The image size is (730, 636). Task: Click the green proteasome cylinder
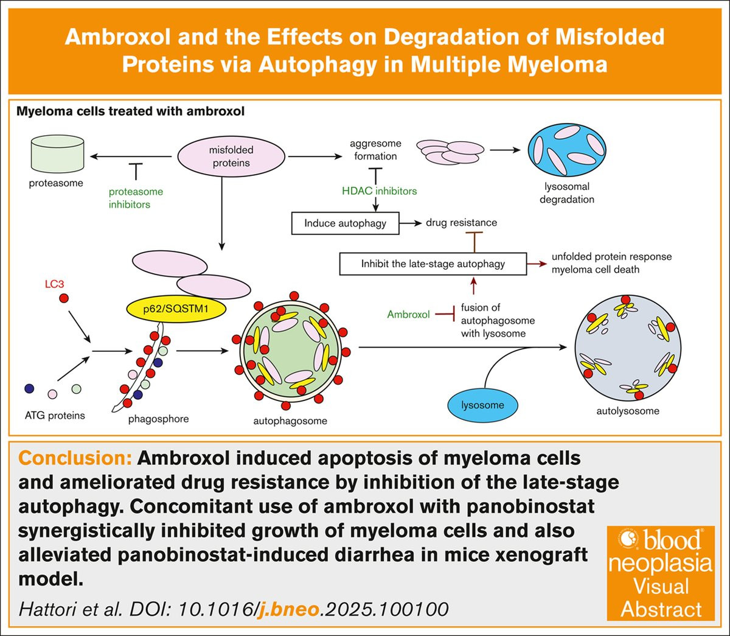tap(57, 153)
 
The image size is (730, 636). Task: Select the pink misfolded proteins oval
tap(231, 156)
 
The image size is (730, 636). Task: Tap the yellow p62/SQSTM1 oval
tap(176, 309)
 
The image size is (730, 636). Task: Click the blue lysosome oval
tap(482, 405)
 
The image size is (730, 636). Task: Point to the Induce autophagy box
tap(345, 223)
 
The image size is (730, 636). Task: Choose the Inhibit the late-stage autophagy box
tap(433, 264)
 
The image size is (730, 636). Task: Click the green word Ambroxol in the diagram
tap(409, 315)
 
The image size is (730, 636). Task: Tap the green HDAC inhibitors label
tap(379, 191)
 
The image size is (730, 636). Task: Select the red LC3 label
tap(54, 284)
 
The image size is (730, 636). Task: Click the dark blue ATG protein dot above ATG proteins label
tap(29, 388)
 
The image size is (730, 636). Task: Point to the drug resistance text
tap(461, 223)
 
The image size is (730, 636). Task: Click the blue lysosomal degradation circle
tap(567, 150)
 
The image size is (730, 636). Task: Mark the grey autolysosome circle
tap(628, 348)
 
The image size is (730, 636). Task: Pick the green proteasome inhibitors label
tap(136, 198)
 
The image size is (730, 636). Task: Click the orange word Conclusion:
tap(75, 458)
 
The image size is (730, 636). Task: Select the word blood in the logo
tap(672, 540)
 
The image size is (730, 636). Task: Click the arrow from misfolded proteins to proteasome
tap(131, 156)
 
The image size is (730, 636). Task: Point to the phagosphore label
tap(158, 419)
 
